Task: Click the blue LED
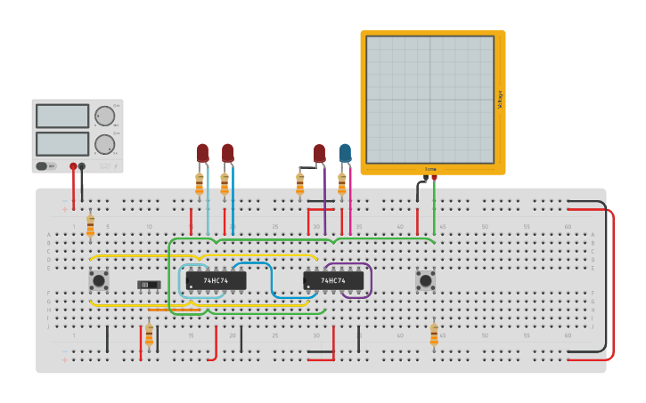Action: click(344, 153)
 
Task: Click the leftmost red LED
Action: click(202, 153)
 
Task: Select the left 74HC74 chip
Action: click(216, 281)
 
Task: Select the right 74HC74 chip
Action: click(333, 281)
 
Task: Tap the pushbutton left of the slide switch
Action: click(98, 281)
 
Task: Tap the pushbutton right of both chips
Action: click(426, 281)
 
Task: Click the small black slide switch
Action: click(148, 285)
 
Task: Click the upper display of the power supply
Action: click(62, 116)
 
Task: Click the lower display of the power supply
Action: click(62, 143)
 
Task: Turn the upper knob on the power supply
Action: click(105, 116)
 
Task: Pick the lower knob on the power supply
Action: click(105, 144)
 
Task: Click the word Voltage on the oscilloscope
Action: click(500, 100)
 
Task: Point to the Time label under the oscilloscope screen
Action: click(430, 168)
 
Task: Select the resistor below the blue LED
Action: click(342, 183)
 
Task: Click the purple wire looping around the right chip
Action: click(370, 280)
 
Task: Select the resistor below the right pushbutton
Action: click(434, 334)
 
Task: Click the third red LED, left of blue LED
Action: click(319, 153)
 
